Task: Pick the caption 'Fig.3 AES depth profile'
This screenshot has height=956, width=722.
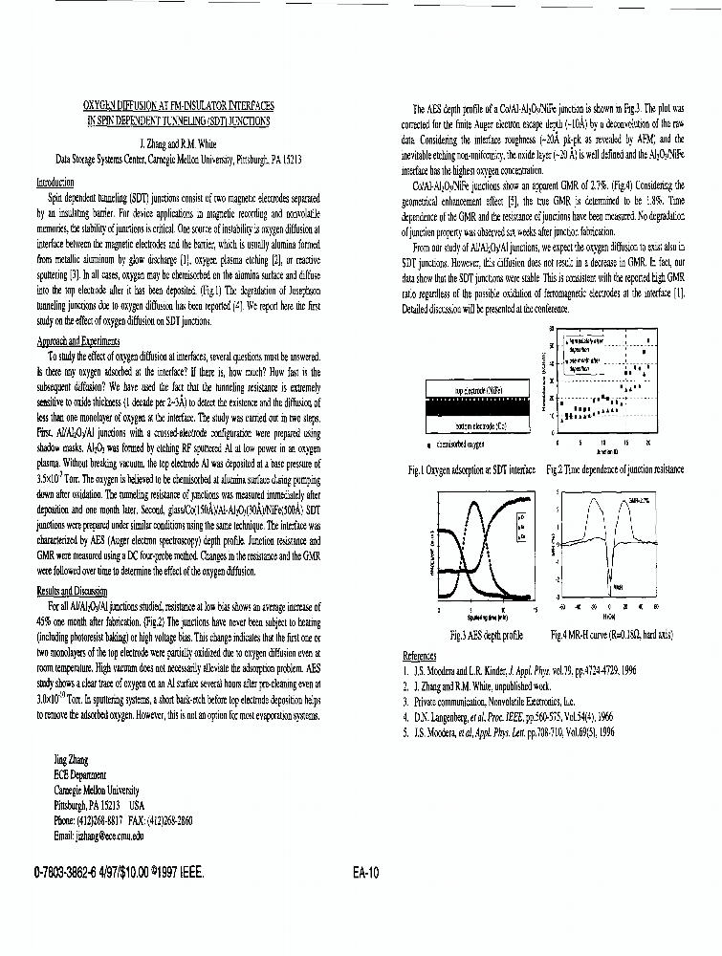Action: pyautogui.click(x=486, y=636)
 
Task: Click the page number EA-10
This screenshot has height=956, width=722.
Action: pyautogui.click(x=367, y=873)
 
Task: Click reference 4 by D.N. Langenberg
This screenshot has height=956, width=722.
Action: pyautogui.click(x=508, y=715)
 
